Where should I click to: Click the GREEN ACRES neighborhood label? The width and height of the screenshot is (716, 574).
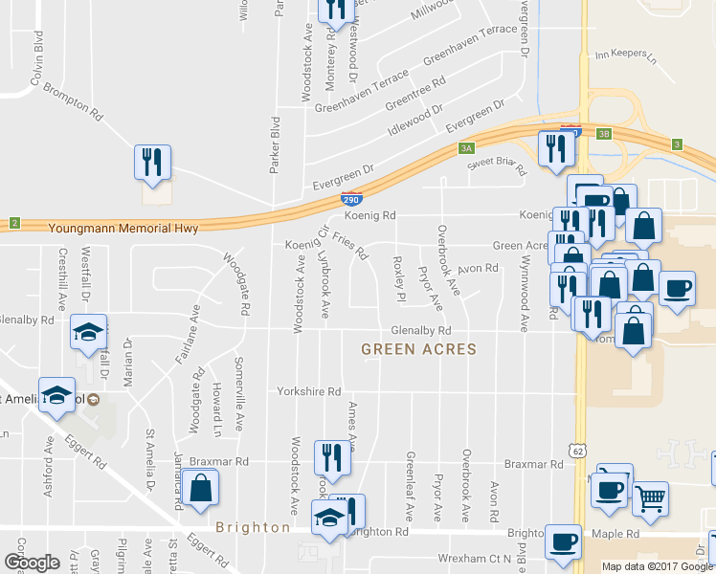coord(418,349)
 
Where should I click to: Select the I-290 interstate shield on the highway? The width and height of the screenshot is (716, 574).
coord(351,199)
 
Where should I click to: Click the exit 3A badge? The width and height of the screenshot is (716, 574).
coord(466,148)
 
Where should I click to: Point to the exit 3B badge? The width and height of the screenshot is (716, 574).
coord(603,135)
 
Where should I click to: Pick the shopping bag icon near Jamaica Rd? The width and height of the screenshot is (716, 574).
coord(202,488)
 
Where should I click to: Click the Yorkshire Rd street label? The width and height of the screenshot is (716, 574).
coord(308,392)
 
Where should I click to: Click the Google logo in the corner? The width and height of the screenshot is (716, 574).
coord(32,562)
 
